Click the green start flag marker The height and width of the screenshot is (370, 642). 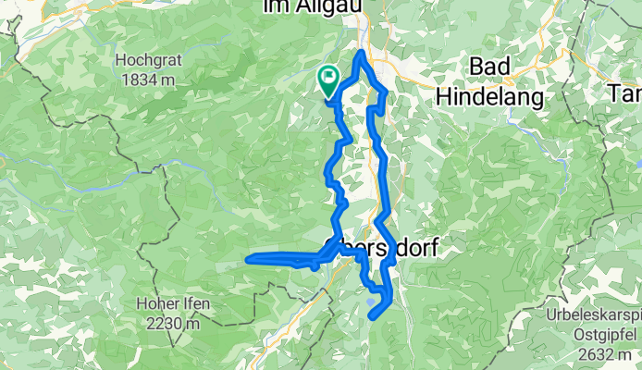pyautogui.click(x=328, y=80)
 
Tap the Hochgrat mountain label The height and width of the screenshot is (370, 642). pyautogui.click(x=146, y=61)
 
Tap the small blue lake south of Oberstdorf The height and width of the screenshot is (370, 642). pyautogui.click(x=372, y=300)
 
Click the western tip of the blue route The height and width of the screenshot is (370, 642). pyautogui.click(x=249, y=259)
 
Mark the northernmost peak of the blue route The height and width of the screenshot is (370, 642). pyautogui.click(x=360, y=53)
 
